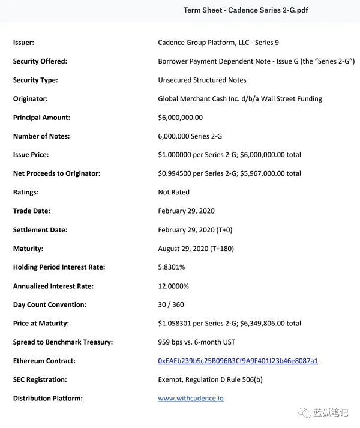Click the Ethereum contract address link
pyautogui.click(x=238, y=361)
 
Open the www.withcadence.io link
pyautogui.click(x=191, y=398)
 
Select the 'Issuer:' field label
pyautogui.click(x=23, y=43)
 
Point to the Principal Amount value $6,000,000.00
pyautogui.click(x=180, y=118)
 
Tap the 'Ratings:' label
pyautogui.click(x=26, y=192)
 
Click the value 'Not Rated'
pyautogui.click(x=173, y=192)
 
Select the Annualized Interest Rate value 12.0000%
pyautogui.click(x=173, y=286)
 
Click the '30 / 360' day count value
pyautogui.click(x=170, y=304)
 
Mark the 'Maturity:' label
pyautogui.click(x=28, y=249)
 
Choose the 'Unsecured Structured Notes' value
pyautogui.click(x=202, y=80)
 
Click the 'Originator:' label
pyautogui.click(x=30, y=98)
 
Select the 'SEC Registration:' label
pyautogui.click(x=40, y=379)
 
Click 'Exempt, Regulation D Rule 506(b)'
pyautogui.click(x=211, y=379)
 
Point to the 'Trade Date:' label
pyautogui.click(x=31, y=211)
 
